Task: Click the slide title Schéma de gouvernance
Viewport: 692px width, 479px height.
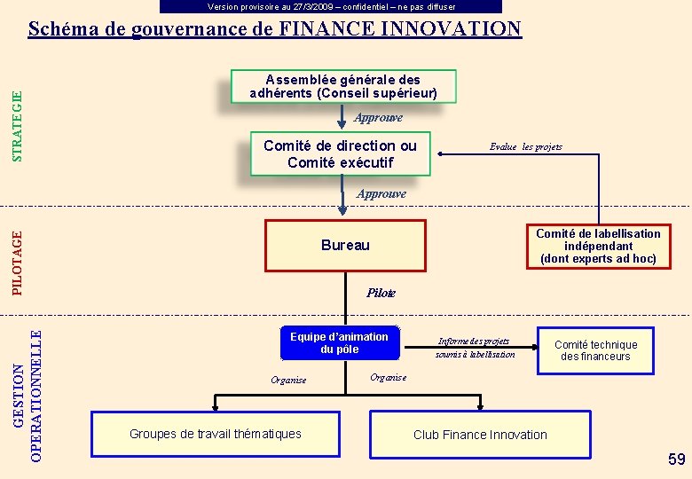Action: [275, 28]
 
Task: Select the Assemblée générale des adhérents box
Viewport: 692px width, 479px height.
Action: [343, 86]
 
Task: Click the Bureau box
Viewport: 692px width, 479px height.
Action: [345, 245]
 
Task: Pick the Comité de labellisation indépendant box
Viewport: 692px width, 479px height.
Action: [598, 246]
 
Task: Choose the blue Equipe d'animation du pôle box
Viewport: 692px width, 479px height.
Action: [339, 342]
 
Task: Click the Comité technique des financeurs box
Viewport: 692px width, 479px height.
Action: [595, 350]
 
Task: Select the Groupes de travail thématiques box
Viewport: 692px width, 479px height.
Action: [216, 434]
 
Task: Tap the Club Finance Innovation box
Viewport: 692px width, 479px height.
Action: [480, 435]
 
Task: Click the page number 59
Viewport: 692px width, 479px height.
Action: [677, 459]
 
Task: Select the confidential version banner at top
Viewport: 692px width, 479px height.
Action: [331, 6]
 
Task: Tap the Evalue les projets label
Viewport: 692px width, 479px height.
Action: [526, 146]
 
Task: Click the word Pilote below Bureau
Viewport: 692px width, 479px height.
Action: [381, 293]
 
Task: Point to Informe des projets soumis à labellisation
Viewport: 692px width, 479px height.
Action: [475, 348]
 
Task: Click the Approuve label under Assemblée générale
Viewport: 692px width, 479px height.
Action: [378, 117]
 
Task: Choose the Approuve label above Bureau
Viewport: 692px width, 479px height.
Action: [381, 193]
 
